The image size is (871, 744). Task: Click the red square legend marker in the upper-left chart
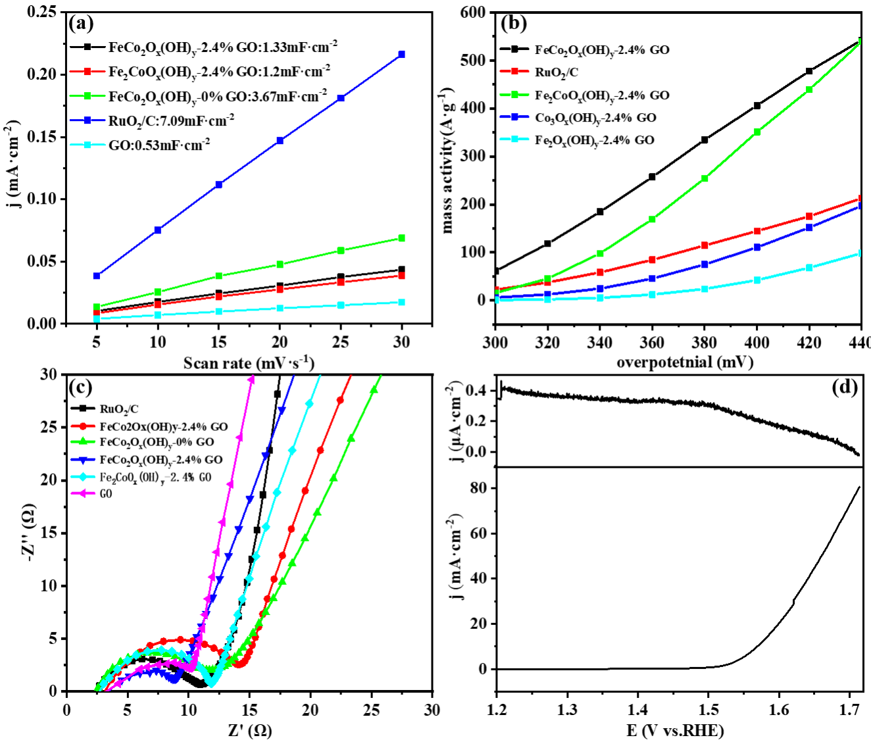click(x=87, y=72)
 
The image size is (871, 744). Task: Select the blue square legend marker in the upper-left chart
click(x=87, y=120)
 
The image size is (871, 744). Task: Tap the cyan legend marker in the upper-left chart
click(x=87, y=145)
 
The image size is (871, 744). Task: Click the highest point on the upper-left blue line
click(x=401, y=55)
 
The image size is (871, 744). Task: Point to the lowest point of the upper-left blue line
click(x=96, y=276)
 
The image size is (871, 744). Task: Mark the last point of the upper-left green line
click(x=401, y=238)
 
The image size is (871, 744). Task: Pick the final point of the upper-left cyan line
click(x=401, y=302)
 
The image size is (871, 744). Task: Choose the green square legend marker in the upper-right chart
click(x=514, y=95)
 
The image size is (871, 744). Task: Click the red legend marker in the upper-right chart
click(x=514, y=71)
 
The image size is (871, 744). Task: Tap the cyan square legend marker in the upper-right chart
click(x=514, y=139)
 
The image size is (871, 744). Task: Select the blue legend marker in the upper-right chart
click(x=514, y=116)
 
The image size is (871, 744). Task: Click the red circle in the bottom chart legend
click(x=83, y=426)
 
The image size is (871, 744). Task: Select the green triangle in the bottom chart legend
click(x=83, y=441)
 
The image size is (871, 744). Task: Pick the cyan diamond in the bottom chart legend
click(x=83, y=476)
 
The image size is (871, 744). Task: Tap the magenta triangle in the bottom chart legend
click(x=83, y=493)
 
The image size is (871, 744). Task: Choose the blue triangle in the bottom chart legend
click(x=83, y=460)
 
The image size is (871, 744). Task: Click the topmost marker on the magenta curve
click(x=250, y=380)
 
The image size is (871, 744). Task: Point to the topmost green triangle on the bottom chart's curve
click(x=374, y=389)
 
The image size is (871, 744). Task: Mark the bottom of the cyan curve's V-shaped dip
click(x=211, y=683)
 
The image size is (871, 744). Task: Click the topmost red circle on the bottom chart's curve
click(x=341, y=399)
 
